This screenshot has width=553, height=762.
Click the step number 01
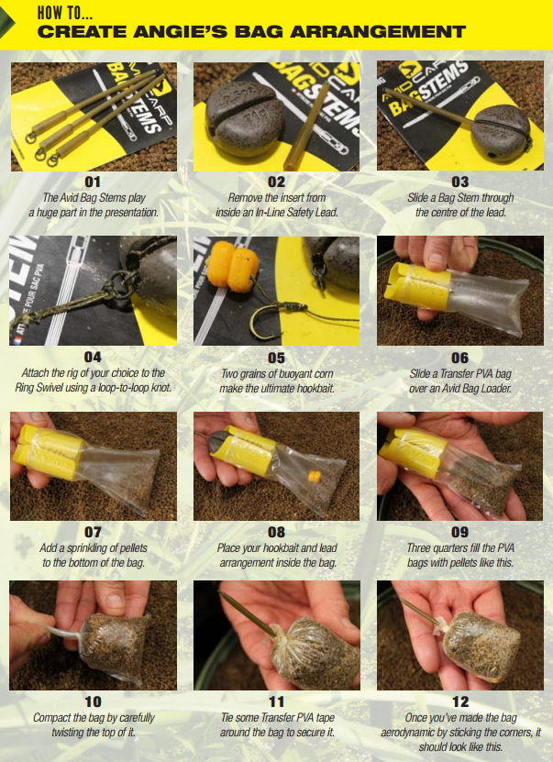(x=93, y=182)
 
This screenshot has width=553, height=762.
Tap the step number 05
(x=277, y=358)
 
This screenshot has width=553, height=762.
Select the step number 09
(x=460, y=532)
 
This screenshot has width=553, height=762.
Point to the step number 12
(x=460, y=701)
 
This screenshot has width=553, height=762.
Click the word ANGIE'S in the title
(x=181, y=31)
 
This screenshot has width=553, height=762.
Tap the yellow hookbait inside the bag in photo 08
(x=315, y=476)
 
